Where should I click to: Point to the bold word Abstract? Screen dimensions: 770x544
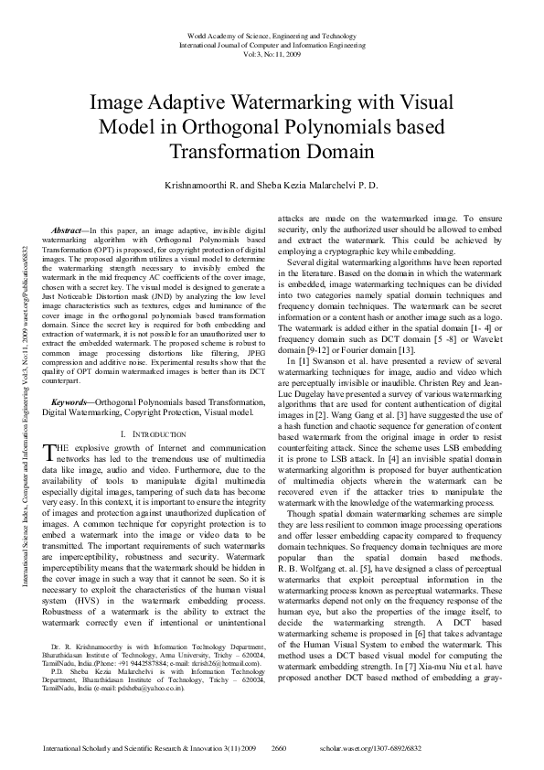70,230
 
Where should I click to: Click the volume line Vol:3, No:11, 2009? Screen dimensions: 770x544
271,54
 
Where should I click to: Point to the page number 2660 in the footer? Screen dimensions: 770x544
280,747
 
